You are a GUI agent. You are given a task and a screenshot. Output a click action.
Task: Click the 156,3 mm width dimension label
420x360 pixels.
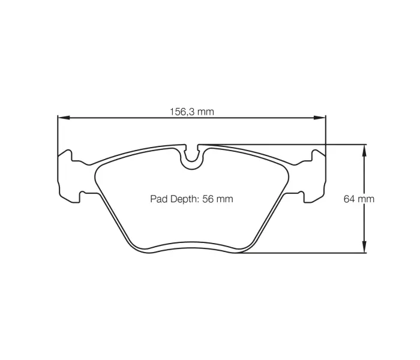click(x=191, y=112)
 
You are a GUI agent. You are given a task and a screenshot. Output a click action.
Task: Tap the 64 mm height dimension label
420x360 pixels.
click(x=359, y=199)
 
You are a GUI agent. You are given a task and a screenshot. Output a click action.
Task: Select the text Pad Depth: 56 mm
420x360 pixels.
click(x=191, y=199)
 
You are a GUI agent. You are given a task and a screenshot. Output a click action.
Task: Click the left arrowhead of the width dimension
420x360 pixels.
click(x=61, y=118)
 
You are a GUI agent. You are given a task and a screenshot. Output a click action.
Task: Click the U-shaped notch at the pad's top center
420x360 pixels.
click(x=192, y=157)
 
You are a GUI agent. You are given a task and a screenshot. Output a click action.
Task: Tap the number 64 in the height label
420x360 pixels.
click(x=350, y=199)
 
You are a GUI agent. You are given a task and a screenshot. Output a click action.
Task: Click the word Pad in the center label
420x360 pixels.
click(x=157, y=199)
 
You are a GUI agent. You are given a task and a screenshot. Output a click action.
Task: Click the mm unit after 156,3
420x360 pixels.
click(x=206, y=112)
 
